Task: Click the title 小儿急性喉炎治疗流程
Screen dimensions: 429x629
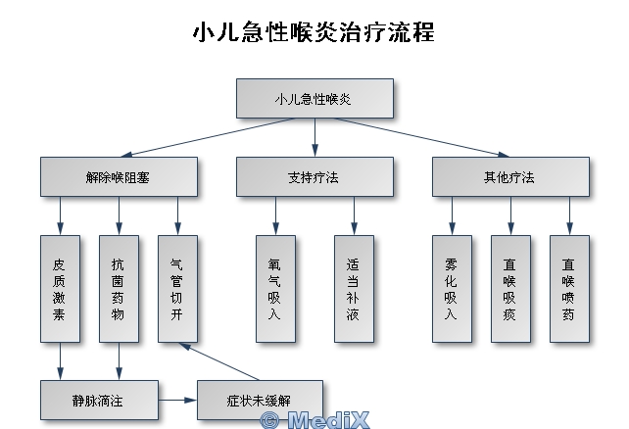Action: coord(314,32)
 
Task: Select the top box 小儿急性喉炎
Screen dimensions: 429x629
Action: coord(314,98)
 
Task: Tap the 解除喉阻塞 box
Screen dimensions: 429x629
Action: coord(119,177)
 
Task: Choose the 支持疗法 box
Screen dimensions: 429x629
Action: coord(314,177)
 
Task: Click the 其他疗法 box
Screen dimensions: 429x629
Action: coord(510,177)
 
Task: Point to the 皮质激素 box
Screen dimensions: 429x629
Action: coord(60,288)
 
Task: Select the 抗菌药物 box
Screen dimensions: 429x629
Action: coord(119,288)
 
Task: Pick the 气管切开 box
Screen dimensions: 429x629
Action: coord(177,288)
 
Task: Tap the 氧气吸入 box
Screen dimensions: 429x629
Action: coord(275,288)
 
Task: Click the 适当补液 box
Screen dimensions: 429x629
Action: coord(354,288)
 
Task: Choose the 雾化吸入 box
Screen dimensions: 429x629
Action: coord(452,288)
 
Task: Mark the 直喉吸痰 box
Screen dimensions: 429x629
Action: coord(510,288)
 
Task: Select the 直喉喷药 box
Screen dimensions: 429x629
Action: coord(569,288)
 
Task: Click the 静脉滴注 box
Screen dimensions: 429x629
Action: coord(100,400)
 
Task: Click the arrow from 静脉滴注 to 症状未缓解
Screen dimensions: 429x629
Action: coord(177,400)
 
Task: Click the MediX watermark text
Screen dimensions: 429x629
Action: coord(314,419)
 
